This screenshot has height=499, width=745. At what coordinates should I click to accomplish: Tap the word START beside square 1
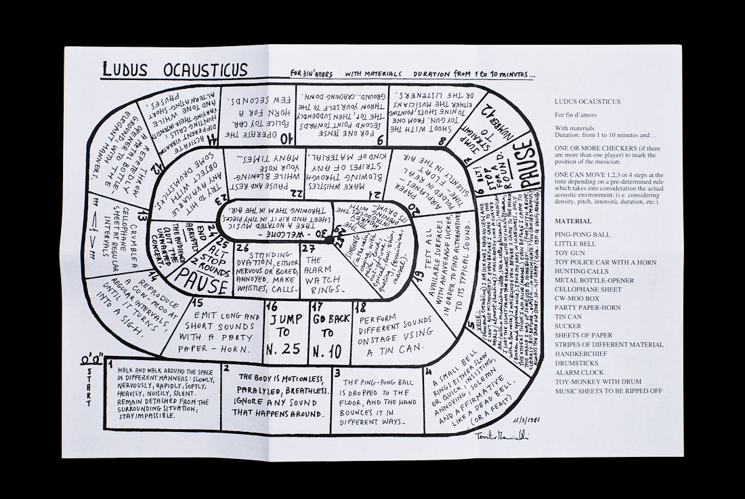pos(89,388)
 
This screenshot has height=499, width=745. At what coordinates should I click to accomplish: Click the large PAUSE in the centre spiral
pos(203,285)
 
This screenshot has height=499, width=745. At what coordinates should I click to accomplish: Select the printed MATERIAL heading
pos(573,221)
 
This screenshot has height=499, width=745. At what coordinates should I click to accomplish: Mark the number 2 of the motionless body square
pos(226,368)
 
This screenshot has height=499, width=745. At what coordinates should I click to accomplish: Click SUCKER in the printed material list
pos(568,325)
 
